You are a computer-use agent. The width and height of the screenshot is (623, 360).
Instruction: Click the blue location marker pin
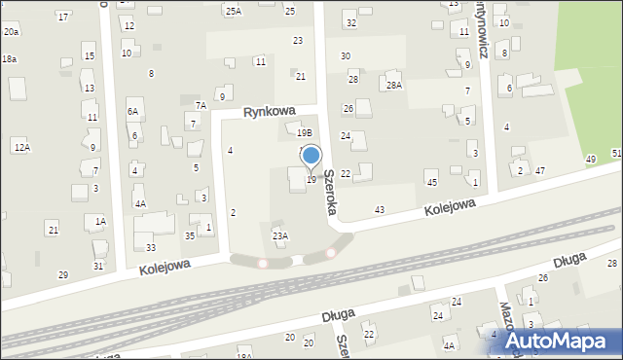click(x=311, y=156)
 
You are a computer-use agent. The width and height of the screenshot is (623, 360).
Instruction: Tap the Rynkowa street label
click(x=270, y=112)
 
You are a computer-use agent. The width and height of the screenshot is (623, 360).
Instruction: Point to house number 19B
click(x=305, y=132)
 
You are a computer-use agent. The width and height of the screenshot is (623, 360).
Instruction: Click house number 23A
click(x=280, y=235)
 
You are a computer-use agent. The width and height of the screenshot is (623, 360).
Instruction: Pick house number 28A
click(x=393, y=86)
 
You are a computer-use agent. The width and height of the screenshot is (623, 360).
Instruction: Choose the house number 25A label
click(x=234, y=12)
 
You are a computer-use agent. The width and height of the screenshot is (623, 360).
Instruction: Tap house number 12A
click(x=21, y=146)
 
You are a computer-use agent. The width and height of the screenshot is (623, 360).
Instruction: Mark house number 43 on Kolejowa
click(x=379, y=210)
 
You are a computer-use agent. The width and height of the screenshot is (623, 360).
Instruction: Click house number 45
click(x=431, y=183)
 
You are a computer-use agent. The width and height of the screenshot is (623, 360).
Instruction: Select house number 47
click(x=540, y=170)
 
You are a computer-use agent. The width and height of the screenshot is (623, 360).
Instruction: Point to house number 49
click(x=591, y=159)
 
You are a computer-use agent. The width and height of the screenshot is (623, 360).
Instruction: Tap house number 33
click(x=151, y=248)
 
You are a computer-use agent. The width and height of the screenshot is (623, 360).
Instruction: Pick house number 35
click(x=190, y=235)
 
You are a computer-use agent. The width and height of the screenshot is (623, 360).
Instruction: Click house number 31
click(x=98, y=266)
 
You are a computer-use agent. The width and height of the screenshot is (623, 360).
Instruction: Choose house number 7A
click(x=201, y=105)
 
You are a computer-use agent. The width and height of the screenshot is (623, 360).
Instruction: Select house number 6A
click(x=132, y=112)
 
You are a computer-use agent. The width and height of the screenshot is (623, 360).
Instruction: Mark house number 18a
click(x=9, y=59)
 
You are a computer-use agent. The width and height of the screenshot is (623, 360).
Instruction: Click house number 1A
click(x=99, y=222)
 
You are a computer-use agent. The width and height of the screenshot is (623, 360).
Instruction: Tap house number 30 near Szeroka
click(x=346, y=56)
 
